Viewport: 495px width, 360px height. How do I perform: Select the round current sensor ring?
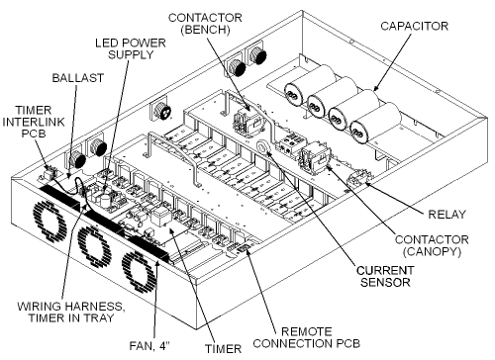(x=264, y=147)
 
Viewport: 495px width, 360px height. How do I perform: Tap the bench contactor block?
(x=245, y=123)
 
